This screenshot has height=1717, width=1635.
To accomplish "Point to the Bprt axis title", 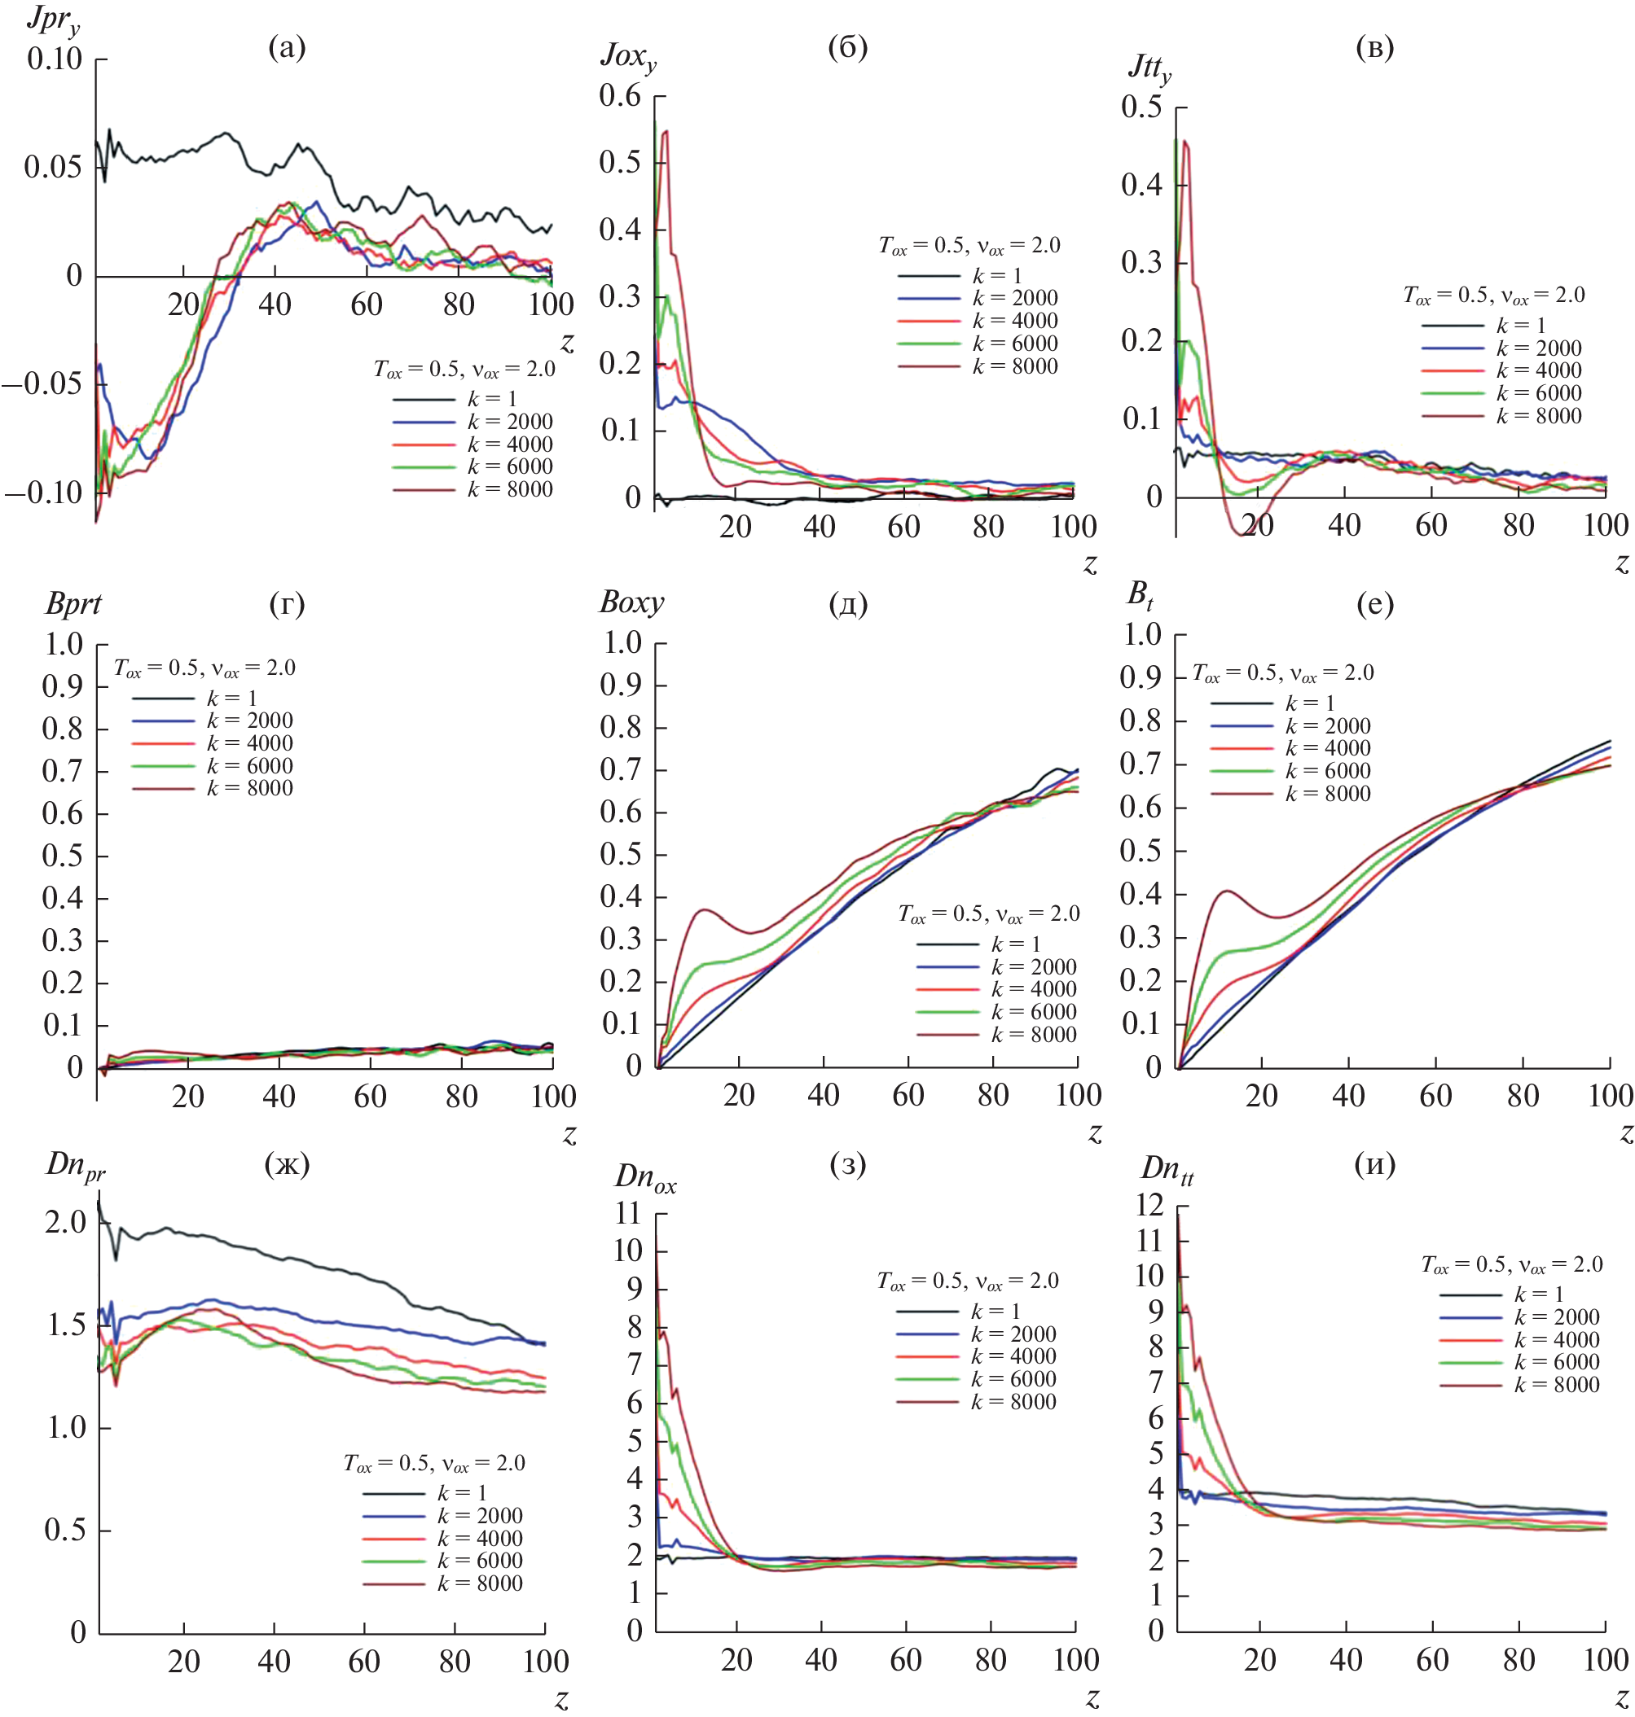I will click(x=73, y=604).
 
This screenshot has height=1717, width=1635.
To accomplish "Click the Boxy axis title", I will click(x=631, y=602).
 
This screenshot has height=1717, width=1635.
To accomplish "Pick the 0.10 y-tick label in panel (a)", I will click(x=54, y=59).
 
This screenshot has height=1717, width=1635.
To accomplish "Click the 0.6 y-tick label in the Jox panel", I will click(x=620, y=96).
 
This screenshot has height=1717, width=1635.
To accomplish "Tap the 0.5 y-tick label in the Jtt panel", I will click(x=1141, y=107).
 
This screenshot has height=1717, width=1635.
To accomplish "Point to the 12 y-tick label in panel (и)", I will click(x=1150, y=1206).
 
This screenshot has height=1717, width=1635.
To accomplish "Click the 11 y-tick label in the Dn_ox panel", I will click(x=627, y=1212).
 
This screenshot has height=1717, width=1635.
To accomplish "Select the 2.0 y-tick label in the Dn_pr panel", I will click(x=65, y=1222).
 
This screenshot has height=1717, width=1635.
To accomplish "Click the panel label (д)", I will click(x=847, y=604).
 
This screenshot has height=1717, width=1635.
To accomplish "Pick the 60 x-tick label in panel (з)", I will click(x=906, y=1660).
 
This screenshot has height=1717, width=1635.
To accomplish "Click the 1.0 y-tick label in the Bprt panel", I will click(x=64, y=645).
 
